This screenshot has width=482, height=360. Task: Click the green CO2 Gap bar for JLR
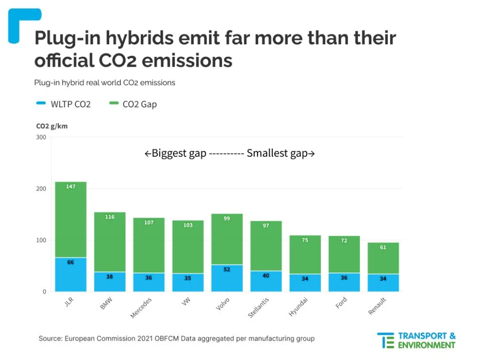[x=71, y=219]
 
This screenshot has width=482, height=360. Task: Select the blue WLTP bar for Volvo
[x=227, y=278]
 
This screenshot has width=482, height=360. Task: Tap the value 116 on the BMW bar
[x=110, y=217]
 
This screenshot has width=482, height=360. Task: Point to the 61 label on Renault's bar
[x=383, y=247]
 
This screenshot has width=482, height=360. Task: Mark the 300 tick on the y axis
[x=41, y=137]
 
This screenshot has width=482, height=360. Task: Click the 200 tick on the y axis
[x=41, y=188]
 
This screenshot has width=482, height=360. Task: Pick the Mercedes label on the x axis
[x=141, y=307]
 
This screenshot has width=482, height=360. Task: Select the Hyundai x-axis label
[x=299, y=306]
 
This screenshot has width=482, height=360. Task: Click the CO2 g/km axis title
[x=52, y=126]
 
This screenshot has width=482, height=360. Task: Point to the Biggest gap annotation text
[x=175, y=153]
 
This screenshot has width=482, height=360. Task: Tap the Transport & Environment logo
[x=416, y=340]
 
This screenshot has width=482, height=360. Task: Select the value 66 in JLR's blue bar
[x=70, y=262]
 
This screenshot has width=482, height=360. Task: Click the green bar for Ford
[x=344, y=255]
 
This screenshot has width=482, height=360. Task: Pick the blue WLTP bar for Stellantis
[x=266, y=281]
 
